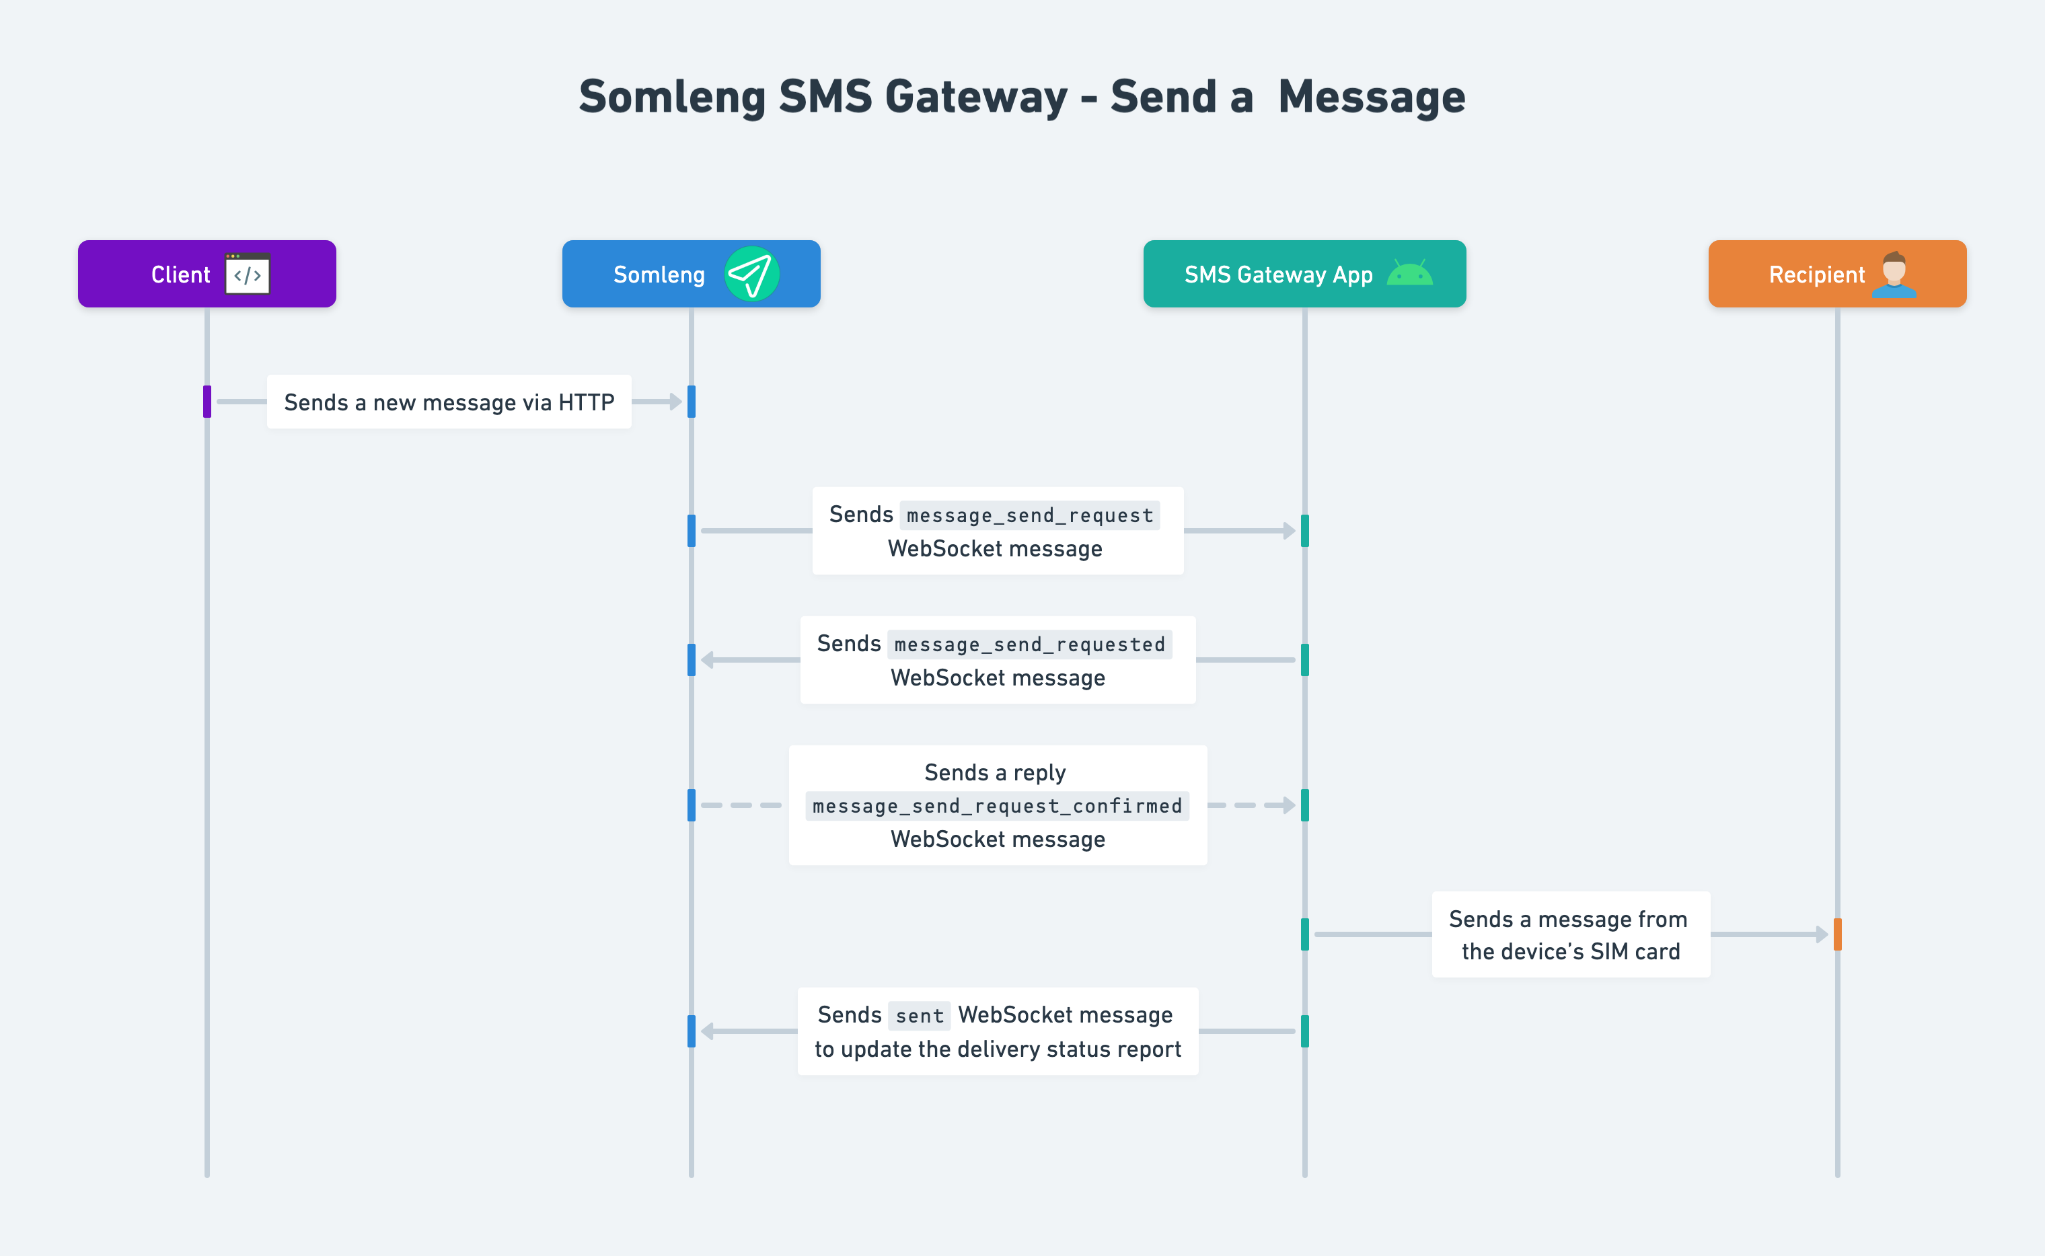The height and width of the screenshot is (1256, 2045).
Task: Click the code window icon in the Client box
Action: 248,274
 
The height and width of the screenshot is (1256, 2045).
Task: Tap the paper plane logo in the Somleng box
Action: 751,274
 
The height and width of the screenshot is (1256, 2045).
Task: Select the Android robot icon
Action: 1409,274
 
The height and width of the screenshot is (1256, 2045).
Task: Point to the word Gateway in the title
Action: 976,97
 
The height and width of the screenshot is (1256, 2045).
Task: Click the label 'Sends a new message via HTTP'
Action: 449,403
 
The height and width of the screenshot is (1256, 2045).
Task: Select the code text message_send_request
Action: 1030,516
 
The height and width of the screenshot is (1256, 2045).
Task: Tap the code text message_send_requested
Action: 1030,645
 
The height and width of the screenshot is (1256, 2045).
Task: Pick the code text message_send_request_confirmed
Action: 997,807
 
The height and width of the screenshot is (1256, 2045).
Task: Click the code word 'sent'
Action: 920,1016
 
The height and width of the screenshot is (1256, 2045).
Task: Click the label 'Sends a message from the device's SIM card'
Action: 1570,935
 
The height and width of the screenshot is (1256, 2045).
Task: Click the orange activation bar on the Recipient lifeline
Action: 1837,934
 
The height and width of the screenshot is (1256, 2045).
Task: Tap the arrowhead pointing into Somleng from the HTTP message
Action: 675,402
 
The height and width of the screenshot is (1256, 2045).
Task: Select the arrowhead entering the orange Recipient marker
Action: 1822,934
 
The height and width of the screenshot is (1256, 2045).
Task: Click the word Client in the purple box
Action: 180,275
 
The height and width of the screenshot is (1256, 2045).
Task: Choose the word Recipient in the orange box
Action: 1816,275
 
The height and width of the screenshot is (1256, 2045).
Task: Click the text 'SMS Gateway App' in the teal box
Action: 1278,275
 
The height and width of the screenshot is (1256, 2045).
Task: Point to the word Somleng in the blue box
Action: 659,275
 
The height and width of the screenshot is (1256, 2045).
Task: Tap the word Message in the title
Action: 1372,97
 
